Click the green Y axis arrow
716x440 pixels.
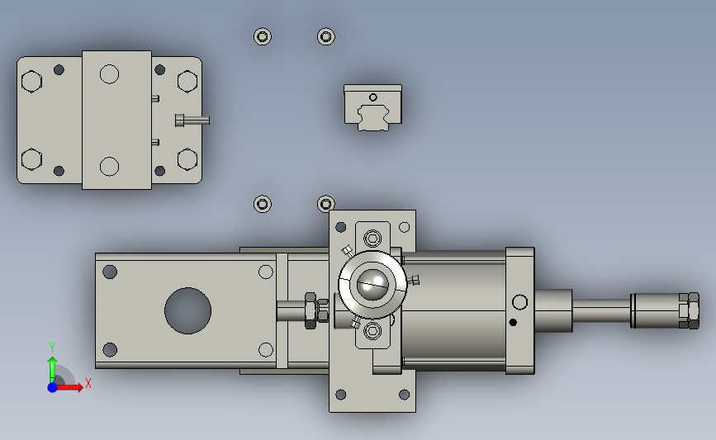coord(53,370)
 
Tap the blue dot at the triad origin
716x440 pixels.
coord(52,387)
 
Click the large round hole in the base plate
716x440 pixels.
coord(187,311)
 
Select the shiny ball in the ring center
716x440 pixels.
coord(372,285)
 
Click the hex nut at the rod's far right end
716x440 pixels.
coord(689,310)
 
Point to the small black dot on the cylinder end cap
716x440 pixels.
coord(513,322)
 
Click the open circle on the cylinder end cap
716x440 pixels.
coord(519,301)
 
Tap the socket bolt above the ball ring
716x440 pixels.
coord(372,239)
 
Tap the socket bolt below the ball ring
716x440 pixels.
coord(372,331)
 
